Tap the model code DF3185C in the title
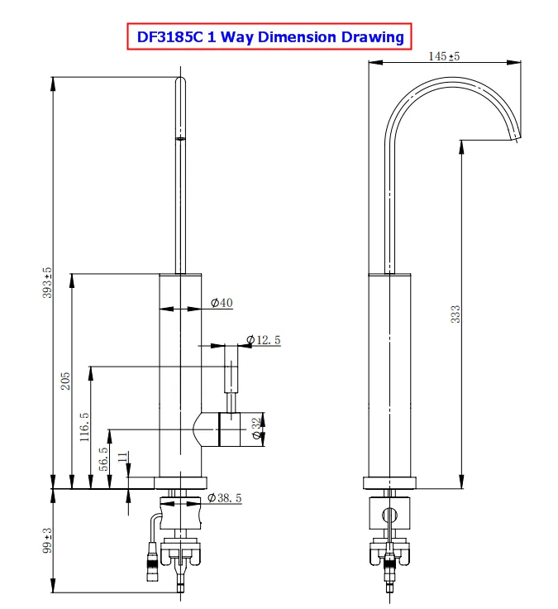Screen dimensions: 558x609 pos(170,37)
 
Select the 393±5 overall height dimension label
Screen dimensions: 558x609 pos(47,282)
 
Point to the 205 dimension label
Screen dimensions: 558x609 pos(65,381)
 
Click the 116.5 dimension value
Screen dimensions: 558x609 pos(84,427)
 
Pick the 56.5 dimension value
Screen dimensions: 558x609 pos(103,459)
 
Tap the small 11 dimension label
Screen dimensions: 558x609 pos(122,457)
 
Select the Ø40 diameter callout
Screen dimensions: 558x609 pos(222,303)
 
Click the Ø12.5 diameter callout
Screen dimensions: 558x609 pos(264,340)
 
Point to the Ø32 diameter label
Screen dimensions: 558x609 pos(256,429)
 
